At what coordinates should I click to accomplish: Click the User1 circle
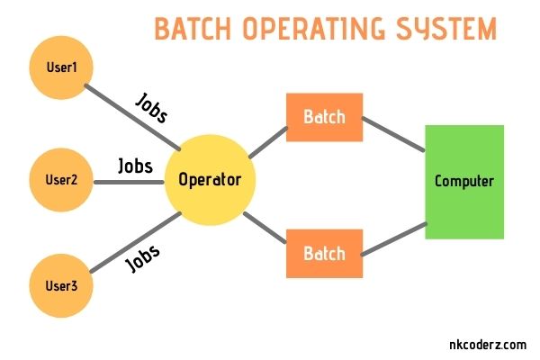61,68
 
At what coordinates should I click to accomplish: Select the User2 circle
61,179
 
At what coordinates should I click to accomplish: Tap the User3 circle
61,286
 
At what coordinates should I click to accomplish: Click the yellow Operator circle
211,180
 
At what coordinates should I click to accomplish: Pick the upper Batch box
324,117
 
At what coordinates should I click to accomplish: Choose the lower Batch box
324,253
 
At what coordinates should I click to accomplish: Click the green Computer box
464,181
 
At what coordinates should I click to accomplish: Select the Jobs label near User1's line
150,107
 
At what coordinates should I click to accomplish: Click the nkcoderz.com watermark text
487,343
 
